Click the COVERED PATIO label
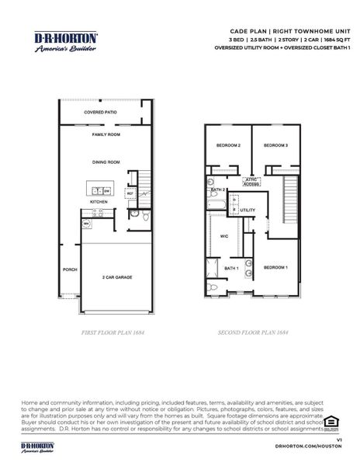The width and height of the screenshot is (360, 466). pos(100,112)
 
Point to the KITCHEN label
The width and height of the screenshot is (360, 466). pos(99,201)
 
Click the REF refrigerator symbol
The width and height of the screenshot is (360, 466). pos(130,193)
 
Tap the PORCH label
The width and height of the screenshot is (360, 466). pos(70,270)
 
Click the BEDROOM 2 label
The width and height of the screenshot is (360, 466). pos(228,145)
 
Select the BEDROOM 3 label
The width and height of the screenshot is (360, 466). pos(275,145)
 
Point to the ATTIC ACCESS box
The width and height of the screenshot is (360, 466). pos(252,182)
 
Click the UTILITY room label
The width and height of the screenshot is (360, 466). pos(247,210)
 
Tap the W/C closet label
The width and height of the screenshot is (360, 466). pos(223,235)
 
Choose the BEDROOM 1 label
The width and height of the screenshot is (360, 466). pos(275,267)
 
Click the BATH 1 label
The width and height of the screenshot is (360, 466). pos(231,268)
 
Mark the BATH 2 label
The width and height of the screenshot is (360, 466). pos(218,190)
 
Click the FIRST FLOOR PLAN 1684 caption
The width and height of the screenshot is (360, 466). pos(114,332)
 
